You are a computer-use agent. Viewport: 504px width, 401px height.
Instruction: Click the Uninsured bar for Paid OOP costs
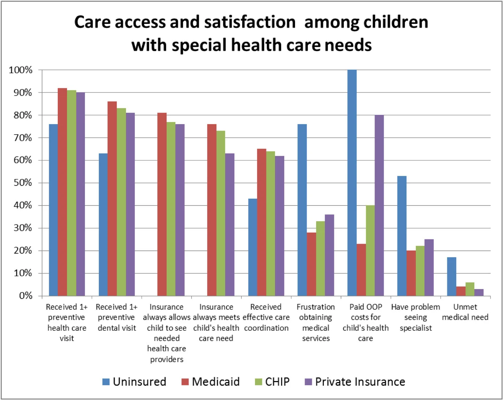pos(352,183)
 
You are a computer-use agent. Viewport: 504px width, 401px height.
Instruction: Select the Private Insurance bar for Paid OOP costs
pos(379,205)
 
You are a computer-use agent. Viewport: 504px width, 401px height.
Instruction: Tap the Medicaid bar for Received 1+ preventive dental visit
pos(112,198)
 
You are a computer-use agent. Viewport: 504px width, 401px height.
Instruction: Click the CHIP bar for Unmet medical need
pos(470,289)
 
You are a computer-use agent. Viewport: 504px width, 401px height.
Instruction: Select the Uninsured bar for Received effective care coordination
pos(253,247)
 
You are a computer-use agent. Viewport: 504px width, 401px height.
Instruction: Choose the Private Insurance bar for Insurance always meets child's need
pos(230,224)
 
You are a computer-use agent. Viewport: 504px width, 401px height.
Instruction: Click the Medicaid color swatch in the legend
pos(185,382)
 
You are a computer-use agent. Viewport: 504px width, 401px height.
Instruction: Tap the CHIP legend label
pos(277,382)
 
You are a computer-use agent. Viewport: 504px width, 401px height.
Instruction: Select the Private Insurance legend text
pos(360,382)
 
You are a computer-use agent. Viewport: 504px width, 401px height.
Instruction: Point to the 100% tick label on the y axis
pos(21,70)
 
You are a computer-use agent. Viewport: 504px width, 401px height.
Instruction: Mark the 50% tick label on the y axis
pos(23,183)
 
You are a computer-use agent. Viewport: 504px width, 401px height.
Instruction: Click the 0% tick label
pos(25,296)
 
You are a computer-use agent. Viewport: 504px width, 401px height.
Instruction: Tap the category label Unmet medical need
pos(465,312)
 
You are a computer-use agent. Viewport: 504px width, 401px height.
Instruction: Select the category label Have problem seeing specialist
pos(416,317)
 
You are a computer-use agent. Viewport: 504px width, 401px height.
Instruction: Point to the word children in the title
pos(396,22)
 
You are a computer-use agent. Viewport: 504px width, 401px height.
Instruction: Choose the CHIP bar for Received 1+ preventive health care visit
pos(71,193)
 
